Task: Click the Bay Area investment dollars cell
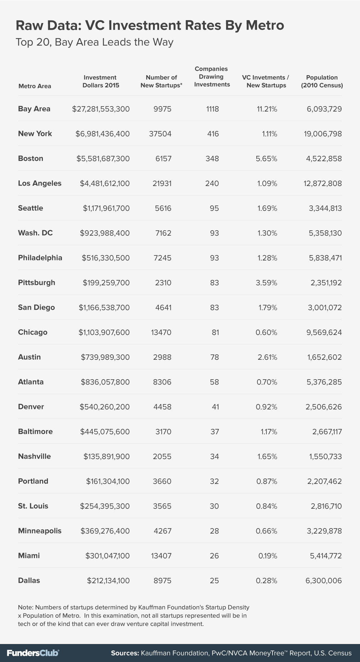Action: click(101, 109)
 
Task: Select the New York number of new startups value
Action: click(160, 134)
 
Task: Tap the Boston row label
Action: click(31, 159)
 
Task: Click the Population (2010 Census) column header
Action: click(322, 81)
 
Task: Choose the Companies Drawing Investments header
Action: click(212, 77)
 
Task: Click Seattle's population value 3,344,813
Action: click(325, 208)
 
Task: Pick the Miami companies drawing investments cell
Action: click(214, 556)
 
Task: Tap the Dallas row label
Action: click(29, 581)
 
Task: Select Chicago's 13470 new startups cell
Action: click(161, 332)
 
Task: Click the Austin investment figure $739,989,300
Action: click(105, 357)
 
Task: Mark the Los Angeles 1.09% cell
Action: click(267, 183)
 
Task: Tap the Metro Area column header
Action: click(35, 86)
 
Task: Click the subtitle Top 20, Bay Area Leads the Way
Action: click(95, 42)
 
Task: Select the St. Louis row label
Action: click(33, 506)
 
